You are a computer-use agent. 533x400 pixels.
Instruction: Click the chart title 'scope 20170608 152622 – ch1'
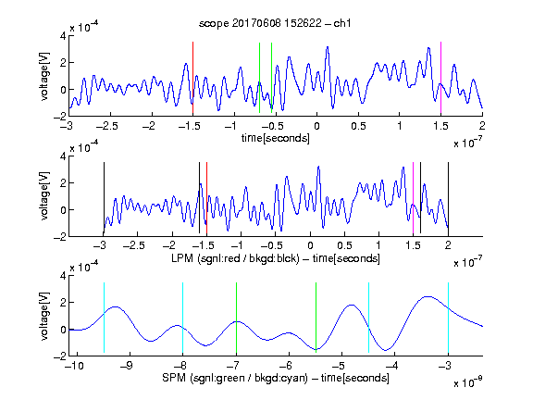[x=275, y=23]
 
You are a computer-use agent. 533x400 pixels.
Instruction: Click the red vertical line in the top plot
[x=192, y=78]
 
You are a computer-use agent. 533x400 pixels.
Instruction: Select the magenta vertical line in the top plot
[x=440, y=78]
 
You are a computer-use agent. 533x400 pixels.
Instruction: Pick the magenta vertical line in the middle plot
[x=413, y=198]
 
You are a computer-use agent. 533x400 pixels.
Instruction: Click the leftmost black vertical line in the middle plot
[x=104, y=198]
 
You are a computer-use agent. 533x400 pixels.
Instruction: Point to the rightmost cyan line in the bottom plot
[x=448, y=318]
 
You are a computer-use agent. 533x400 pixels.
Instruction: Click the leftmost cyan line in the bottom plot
[x=104, y=318]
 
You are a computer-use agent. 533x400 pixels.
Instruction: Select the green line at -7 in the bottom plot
[x=236, y=318]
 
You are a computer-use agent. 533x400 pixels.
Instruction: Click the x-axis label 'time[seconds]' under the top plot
[x=276, y=138]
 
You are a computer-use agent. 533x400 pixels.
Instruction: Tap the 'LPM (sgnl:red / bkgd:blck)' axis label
[x=235, y=258]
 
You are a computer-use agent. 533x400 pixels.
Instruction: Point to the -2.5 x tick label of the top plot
[x=106, y=126]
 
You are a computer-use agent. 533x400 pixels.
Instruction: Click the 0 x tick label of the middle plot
[x=310, y=245]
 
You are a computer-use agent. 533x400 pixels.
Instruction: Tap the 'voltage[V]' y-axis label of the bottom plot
[x=44, y=316]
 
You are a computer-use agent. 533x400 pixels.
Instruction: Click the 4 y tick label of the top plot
[x=63, y=36]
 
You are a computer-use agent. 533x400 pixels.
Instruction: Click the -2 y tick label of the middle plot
[x=60, y=237]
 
